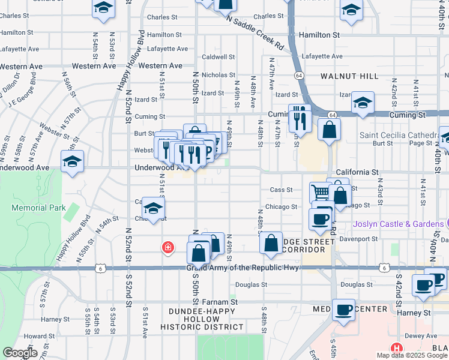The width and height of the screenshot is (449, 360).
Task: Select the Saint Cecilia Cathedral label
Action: tap(402, 135)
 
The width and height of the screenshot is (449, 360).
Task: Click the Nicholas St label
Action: tap(218, 75)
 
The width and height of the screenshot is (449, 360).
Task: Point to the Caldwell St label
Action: tap(218, 57)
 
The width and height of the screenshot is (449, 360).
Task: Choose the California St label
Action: tap(357, 172)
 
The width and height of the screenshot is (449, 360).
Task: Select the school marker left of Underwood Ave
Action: tap(73, 161)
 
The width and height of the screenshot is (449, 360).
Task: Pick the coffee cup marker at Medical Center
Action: tap(343, 310)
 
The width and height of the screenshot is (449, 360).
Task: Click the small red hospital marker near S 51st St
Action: tap(168, 247)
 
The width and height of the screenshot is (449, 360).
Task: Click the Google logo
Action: tap(20, 352)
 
